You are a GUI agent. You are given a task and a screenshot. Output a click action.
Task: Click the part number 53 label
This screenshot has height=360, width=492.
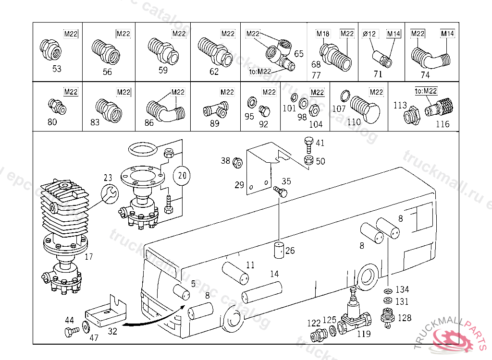[57, 69]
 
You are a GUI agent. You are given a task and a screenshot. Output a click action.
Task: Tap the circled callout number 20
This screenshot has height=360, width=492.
[182, 176]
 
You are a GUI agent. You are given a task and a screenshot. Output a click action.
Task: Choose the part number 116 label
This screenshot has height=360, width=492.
[442, 124]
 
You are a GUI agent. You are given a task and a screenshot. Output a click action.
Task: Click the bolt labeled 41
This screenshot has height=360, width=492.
[308, 143]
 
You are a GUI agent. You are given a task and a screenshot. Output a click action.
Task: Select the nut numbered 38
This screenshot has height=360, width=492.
[237, 162]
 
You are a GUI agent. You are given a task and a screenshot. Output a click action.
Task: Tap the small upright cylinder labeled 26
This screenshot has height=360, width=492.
[279, 251]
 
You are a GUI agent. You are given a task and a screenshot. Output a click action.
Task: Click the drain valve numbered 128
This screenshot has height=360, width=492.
[387, 317]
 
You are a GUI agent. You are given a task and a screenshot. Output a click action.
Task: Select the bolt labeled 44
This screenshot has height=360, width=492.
[71, 331]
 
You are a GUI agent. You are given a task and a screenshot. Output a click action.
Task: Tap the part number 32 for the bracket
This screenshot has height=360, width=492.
[112, 331]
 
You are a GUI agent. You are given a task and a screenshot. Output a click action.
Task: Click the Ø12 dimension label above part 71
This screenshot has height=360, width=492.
[369, 34]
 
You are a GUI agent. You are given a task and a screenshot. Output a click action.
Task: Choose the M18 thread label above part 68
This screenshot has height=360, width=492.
[323, 34]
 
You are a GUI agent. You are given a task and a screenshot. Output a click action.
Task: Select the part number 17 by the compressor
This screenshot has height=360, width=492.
[88, 257]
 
